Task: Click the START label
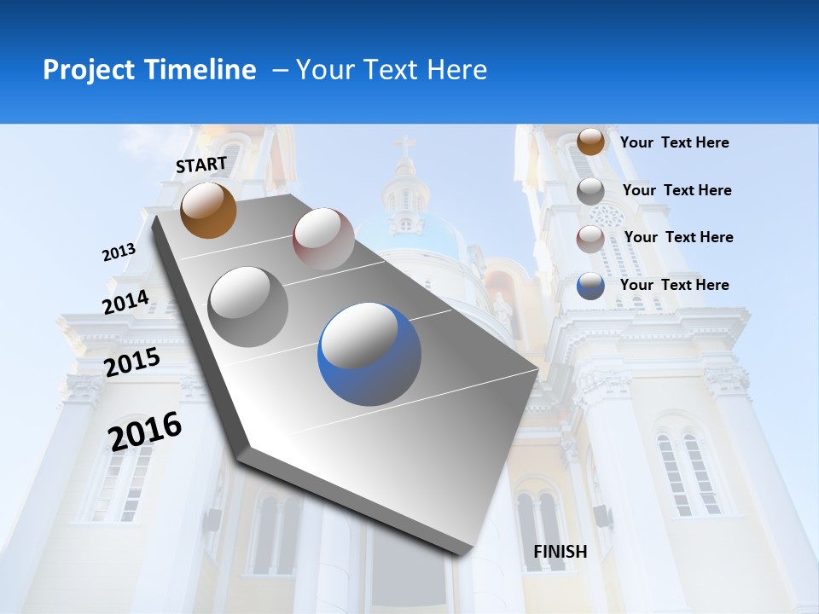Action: tap(201, 165)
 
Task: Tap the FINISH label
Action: tap(561, 552)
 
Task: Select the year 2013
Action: tap(119, 252)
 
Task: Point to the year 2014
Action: tap(126, 303)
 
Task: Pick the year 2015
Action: tap(132, 362)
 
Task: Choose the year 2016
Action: tap(145, 432)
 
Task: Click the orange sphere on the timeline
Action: tap(208, 210)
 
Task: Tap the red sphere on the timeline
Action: tap(323, 238)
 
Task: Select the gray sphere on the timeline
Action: tap(248, 306)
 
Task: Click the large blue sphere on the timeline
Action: tap(369, 354)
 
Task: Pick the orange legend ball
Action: tap(590, 142)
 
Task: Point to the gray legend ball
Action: tap(590, 190)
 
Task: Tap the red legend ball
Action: tap(590, 238)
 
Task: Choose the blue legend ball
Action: tap(590, 286)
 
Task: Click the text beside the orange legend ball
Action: tap(674, 142)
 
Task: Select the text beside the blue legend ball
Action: tap(674, 285)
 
